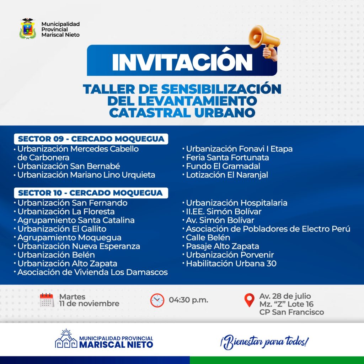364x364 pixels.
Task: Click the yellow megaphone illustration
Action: pyautogui.click(x=264, y=42)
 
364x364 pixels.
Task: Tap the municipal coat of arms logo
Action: pyautogui.click(x=28, y=28)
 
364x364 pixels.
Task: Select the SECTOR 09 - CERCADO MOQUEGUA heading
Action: pyautogui.click(x=91, y=139)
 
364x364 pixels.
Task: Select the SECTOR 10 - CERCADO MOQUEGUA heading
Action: pyautogui.click(x=91, y=193)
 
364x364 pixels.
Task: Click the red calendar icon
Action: pyautogui.click(x=47, y=300)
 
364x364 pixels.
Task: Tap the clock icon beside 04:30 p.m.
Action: pyautogui.click(x=157, y=300)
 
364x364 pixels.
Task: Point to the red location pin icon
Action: pyautogui.click(x=249, y=300)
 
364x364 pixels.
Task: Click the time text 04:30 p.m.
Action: pyautogui.click(x=188, y=300)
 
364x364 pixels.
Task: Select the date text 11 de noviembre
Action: pyautogui.click(x=89, y=304)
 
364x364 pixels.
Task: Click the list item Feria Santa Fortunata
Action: pyautogui.click(x=227, y=157)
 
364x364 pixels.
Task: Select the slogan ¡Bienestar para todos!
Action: pyautogui.click(x=264, y=342)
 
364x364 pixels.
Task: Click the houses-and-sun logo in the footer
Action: pyautogui.click(x=66, y=338)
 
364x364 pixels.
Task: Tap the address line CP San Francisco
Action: pyautogui.click(x=291, y=312)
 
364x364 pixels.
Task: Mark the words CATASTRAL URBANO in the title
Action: pyautogui.click(x=182, y=113)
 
